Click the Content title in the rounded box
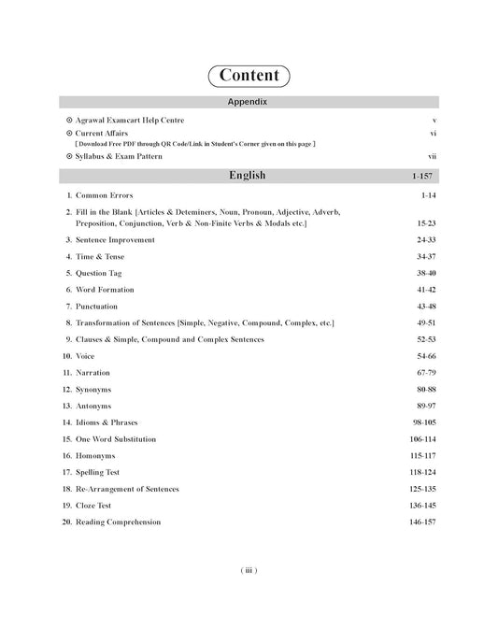point(249,75)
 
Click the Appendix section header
point(249,101)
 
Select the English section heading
point(248,175)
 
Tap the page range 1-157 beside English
point(421,176)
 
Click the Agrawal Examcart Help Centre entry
point(130,121)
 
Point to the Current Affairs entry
point(107,133)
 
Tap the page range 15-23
point(425,224)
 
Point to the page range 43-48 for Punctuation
point(425,306)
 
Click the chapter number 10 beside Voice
point(67,356)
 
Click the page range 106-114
point(421,438)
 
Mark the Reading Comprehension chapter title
point(124,522)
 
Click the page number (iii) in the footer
point(249,569)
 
